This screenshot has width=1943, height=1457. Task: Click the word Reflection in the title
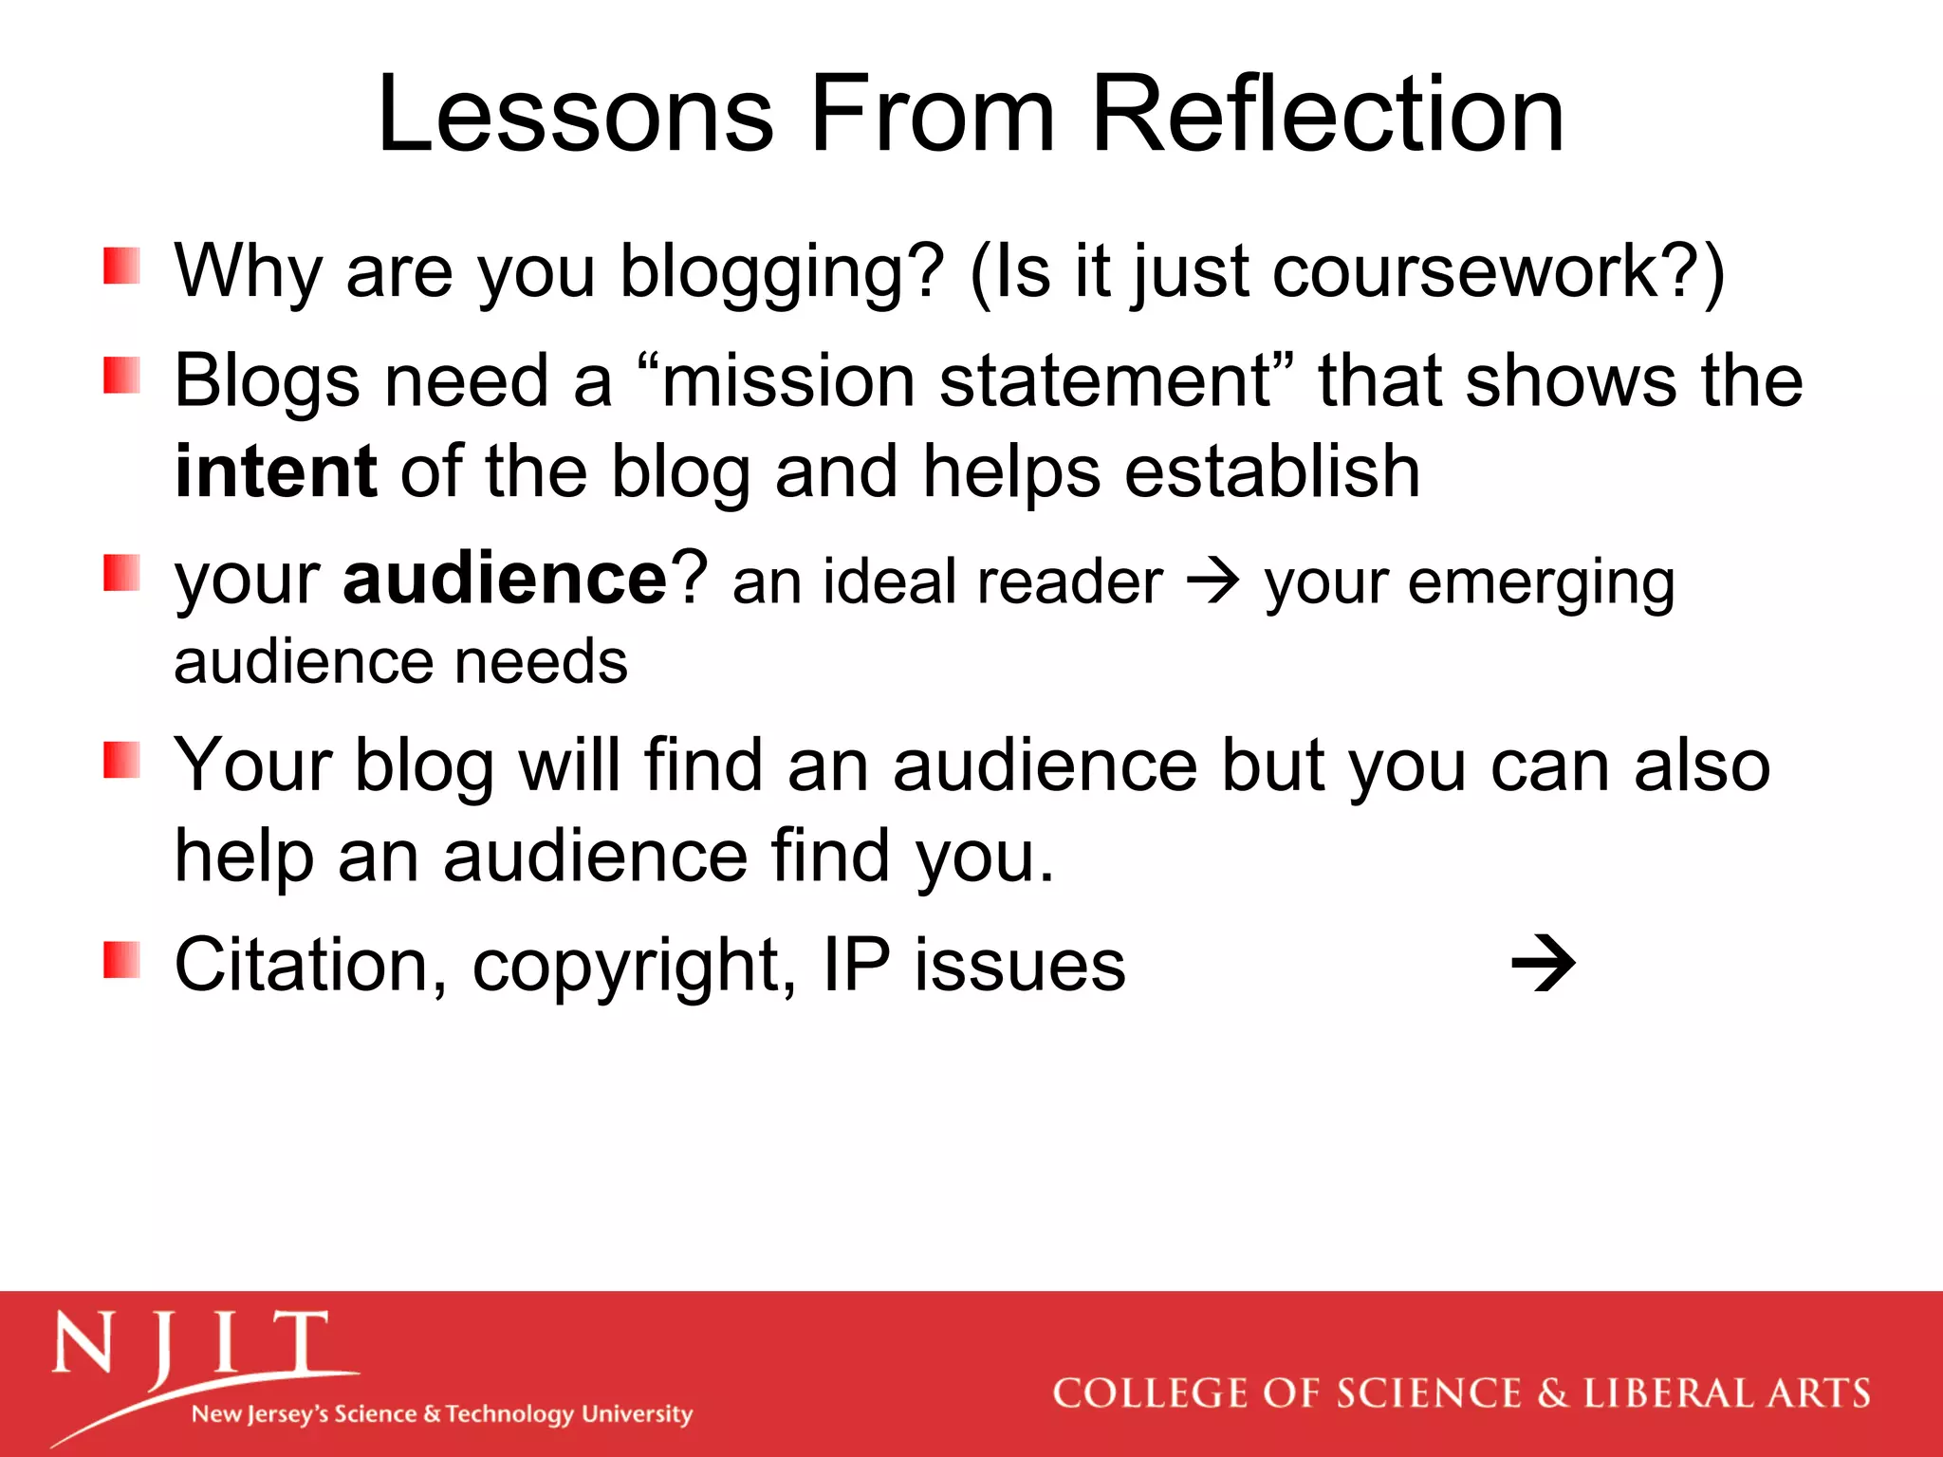1327,115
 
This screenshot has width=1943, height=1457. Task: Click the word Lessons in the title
575,115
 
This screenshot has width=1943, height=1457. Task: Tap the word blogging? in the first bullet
782,273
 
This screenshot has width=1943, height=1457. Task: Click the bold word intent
276,471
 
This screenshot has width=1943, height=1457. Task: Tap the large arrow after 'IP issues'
1543,965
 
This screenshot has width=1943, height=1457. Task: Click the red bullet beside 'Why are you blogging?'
121,267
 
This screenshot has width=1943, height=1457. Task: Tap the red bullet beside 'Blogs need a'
121,376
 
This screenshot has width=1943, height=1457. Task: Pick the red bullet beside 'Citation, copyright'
121,960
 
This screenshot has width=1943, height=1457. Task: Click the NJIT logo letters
190,1344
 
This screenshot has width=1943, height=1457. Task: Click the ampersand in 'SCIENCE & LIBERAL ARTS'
1552,1393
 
